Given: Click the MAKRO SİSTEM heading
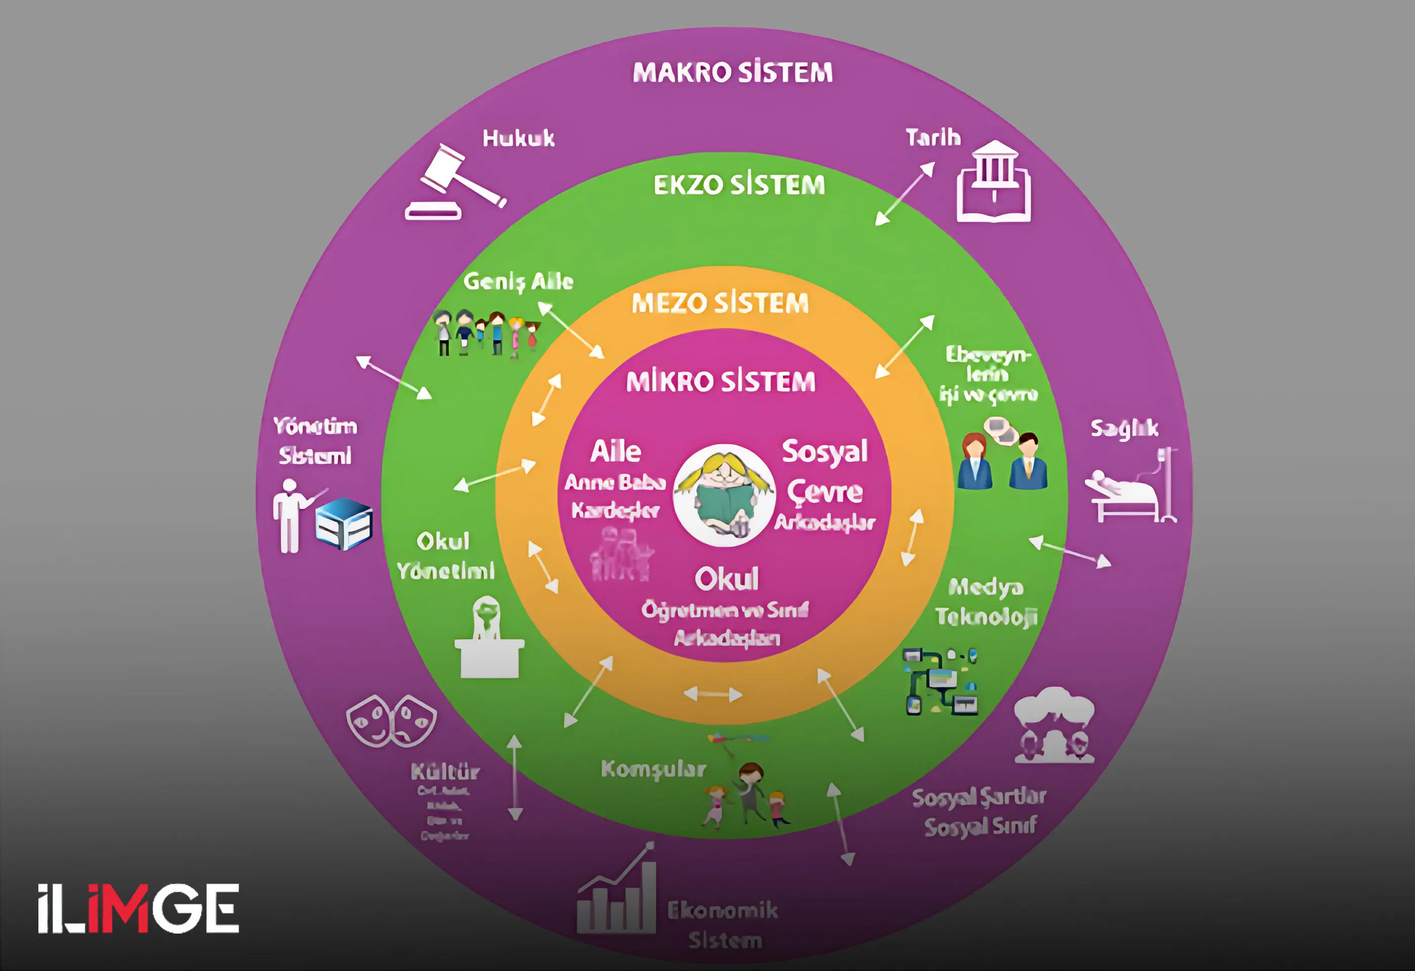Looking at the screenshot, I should point(732,72).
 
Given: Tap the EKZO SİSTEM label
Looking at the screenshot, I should point(739,185).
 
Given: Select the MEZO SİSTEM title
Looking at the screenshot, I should point(720,303).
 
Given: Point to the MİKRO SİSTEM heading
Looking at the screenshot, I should point(721,382).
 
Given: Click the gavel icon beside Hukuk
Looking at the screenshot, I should point(454,183).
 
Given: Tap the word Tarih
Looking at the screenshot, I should point(933,138).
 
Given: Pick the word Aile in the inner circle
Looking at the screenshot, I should point(616,452).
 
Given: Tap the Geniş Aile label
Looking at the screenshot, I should point(518,281).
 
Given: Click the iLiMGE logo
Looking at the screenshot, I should point(138,908).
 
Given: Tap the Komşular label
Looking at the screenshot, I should point(653,769).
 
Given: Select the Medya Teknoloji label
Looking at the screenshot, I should point(986,602).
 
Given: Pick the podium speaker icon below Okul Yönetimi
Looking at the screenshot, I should point(489,638).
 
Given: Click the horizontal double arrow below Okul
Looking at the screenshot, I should point(713,694).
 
